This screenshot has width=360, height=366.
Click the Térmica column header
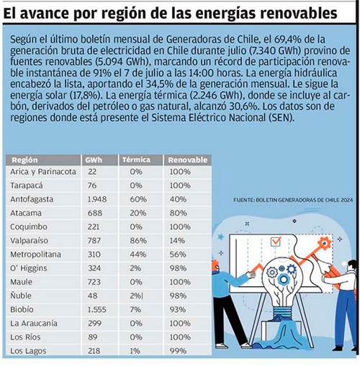click(x=136, y=160)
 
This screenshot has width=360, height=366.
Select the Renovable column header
click(x=188, y=160)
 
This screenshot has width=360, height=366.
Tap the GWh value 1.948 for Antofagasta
click(x=97, y=199)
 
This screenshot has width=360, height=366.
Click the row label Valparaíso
click(x=29, y=241)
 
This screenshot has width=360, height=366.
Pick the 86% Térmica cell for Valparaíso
click(x=138, y=241)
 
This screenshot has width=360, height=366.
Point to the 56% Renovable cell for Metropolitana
click(x=178, y=255)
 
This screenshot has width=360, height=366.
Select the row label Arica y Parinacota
click(x=43, y=172)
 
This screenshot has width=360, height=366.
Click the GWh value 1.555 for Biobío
click(x=96, y=310)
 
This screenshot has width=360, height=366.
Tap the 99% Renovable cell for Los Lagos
click(x=178, y=351)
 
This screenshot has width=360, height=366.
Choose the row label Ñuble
click(x=21, y=296)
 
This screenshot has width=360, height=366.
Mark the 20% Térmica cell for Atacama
click(x=138, y=213)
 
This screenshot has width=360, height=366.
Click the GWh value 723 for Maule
click(x=94, y=282)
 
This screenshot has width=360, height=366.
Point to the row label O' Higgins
click(x=29, y=268)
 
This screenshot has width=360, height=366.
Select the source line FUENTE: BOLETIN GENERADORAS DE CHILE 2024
click(x=293, y=200)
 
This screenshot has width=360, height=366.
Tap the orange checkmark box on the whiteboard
click(x=276, y=242)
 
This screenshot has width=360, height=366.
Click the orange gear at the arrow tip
click(x=325, y=244)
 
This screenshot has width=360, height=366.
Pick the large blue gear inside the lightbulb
click(x=284, y=279)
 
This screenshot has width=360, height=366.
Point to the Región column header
click(x=24, y=160)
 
